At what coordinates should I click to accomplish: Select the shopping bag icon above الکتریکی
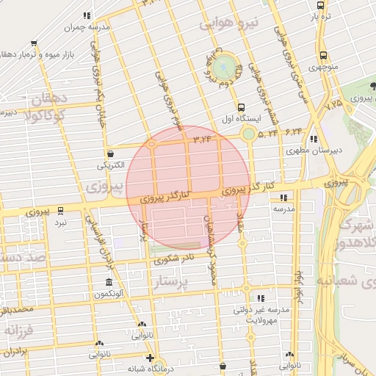[110, 154]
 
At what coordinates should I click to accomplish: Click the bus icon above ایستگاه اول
[242, 106]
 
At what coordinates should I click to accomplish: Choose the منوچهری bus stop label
[324, 68]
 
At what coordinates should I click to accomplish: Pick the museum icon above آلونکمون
[109, 283]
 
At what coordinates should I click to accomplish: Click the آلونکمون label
[109, 294]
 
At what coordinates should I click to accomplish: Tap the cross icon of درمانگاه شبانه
[150, 359]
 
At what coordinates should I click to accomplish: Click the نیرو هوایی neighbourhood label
[229, 24]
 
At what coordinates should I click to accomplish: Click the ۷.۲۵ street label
[334, 106]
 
